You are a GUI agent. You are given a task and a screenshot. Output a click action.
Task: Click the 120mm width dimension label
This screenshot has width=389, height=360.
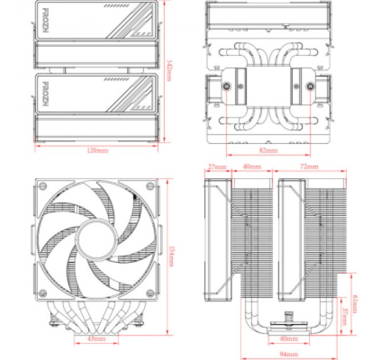click(97, 150)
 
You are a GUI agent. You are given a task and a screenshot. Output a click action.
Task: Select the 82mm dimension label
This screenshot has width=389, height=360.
click(268, 150)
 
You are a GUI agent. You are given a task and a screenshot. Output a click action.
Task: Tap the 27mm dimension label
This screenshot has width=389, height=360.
click(217, 167)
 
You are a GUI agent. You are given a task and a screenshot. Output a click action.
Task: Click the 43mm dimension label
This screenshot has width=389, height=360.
click(97, 338)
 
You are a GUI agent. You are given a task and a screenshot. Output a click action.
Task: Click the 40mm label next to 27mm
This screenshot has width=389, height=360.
click(252, 167)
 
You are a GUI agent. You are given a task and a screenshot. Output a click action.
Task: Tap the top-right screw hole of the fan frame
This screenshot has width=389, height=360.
click(149, 187)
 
